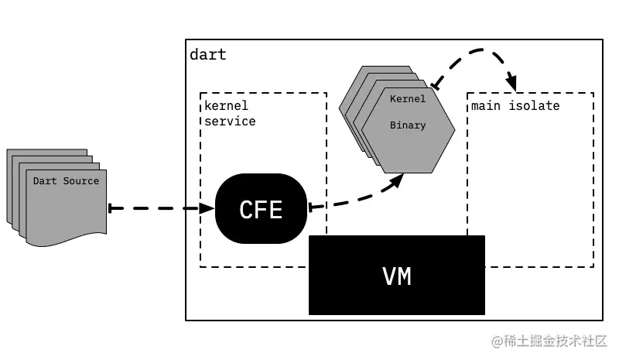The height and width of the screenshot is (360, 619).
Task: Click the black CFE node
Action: (x=261, y=208)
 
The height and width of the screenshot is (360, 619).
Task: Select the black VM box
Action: (x=396, y=275)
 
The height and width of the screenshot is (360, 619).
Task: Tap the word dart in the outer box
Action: (x=208, y=55)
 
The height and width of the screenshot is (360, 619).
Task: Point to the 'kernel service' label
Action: (x=230, y=114)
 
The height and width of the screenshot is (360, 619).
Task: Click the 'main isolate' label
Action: (x=515, y=105)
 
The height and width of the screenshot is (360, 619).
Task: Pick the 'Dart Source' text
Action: (x=66, y=181)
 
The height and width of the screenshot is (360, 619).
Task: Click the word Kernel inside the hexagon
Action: (x=407, y=99)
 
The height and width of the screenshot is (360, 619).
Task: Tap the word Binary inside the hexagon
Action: (x=407, y=125)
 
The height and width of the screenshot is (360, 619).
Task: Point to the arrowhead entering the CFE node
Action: (x=207, y=208)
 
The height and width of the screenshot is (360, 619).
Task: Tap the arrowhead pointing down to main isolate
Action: (x=511, y=83)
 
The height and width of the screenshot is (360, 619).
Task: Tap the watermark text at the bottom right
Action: (x=551, y=339)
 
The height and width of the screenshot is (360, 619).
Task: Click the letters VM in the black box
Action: (x=396, y=276)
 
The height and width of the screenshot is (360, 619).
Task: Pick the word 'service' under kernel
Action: (x=230, y=122)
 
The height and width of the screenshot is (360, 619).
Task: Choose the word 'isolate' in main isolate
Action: (x=534, y=105)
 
